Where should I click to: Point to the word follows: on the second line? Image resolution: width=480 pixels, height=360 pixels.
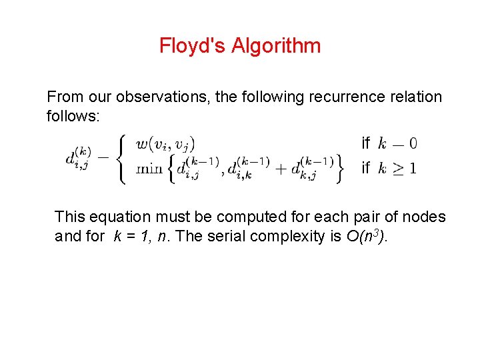pos(73,117)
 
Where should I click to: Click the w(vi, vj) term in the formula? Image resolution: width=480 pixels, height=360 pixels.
pos(165,144)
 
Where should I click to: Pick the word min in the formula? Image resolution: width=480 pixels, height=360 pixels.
pos(149,169)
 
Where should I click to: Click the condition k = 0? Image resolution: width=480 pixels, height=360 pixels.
pos(398,143)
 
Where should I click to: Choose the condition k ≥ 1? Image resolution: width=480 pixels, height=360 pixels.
pos(398,169)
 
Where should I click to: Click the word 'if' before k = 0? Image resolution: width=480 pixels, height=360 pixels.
pos(365,143)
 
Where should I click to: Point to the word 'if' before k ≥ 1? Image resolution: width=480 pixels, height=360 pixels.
pos(365,169)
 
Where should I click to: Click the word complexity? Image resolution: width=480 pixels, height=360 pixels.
pos(296,236)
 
